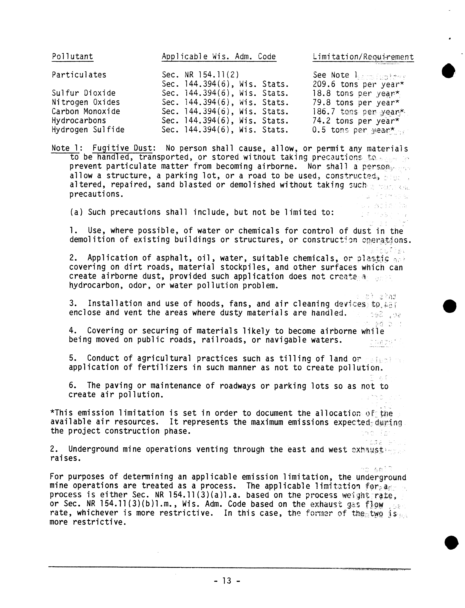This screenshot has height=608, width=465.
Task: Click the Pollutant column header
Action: click(73, 57)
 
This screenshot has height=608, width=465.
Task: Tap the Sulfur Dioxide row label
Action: click(84, 93)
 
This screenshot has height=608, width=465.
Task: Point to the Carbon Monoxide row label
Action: click(86, 111)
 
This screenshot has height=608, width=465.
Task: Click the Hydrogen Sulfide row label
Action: click(88, 130)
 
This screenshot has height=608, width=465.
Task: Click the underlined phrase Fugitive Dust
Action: click(122, 149)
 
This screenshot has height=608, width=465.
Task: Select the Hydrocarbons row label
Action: click(79, 121)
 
